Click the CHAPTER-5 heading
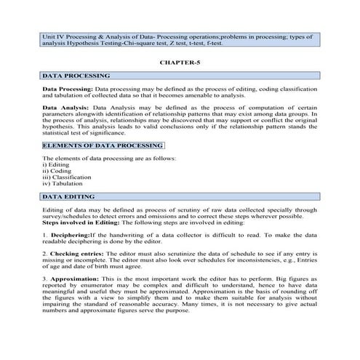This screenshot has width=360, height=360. pyautogui.click(x=179, y=63)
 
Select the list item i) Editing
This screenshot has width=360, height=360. pyautogui.click(x=57, y=164)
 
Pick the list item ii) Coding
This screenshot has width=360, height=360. pyautogui.click(x=57, y=171)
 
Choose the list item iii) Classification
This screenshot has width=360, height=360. pyautogui.click(x=67, y=177)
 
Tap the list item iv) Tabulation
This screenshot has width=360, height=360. pyautogui.click(x=63, y=184)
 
